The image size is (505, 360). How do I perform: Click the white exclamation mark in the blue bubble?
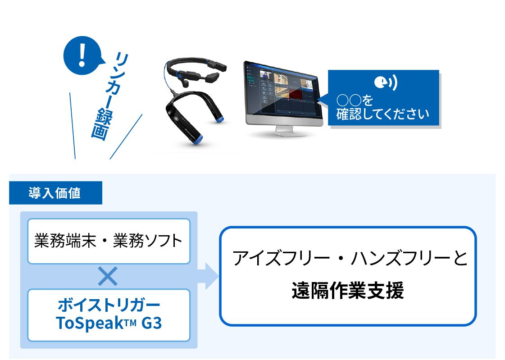point(82,54)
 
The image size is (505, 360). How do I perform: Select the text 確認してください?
point(382,114)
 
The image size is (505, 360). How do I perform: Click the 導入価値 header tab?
point(55,193)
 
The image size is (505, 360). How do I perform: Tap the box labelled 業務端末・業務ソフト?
point(109,241)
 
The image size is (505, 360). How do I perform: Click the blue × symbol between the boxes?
point(108,276)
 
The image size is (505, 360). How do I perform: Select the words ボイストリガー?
point(109,305)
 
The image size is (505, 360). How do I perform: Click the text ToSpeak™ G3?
point(109,323)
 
